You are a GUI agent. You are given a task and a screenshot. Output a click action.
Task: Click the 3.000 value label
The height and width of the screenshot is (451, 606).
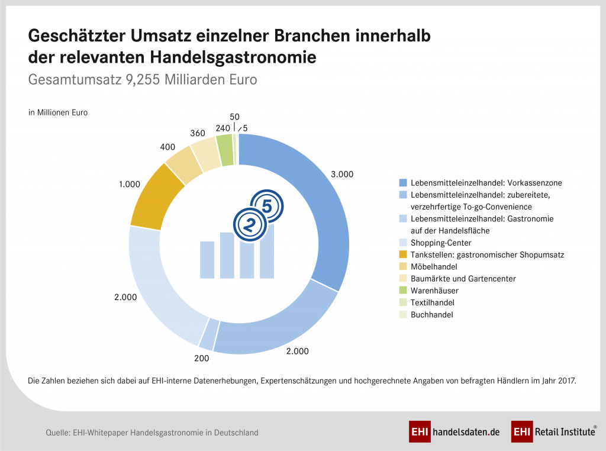pyautogui.click(x=341, y=174)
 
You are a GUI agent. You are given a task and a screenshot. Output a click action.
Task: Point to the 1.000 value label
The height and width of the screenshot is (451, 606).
pyautogui.click(x=129, y=184)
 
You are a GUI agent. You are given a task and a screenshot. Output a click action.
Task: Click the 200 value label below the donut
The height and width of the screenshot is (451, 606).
pyautogui.click(x=201, y=358)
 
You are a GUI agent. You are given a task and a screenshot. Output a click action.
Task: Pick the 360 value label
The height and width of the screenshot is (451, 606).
pyautogui.click(x=197, y=134)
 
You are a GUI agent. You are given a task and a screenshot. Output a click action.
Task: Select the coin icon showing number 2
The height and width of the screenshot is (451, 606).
pyautogui.click(x=249, y=224)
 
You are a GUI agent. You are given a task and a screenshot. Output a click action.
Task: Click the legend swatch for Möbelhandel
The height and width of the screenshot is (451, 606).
pyautogui.click(x=403, y=266)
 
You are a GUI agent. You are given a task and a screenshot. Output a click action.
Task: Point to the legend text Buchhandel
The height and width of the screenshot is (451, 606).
pyautogui.click(x=431, y=315)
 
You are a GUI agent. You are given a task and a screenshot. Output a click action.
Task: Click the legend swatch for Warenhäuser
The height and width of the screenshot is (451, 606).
pyautogui.click(x=403, y=291)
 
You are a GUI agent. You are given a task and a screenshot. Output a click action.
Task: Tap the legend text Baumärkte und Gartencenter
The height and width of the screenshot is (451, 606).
pyautogui.click(x=463, y=279)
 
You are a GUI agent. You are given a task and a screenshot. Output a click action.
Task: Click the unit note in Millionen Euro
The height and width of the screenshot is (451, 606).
pyautogui.click(x=58, y=112)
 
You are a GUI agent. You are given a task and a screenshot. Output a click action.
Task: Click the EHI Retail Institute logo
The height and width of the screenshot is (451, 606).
pyautogui.click(x=554, y=432)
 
